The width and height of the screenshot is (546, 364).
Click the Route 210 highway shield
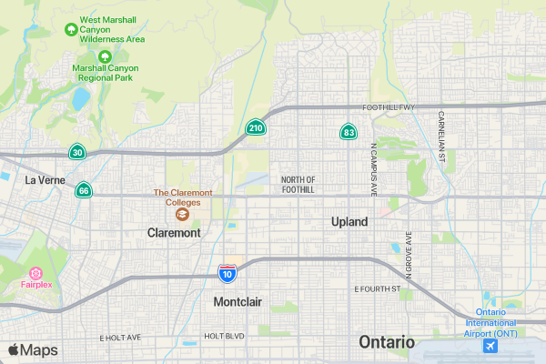[x=256, y=128]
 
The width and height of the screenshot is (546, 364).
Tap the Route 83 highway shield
[x=349, y=133]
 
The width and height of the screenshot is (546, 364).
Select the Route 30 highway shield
[x=79, y=152]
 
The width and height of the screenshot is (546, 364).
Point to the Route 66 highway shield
[x=84, y=190]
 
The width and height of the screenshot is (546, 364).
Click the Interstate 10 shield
[x=227, y=273]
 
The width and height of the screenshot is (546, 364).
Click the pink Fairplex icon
[x=36, y=273]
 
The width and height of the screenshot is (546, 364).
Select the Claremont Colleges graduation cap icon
[x=182, y=215]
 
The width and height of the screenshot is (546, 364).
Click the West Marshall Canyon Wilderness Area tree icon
[x=71, y=30]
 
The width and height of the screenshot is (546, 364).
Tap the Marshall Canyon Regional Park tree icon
[x=105, y=56]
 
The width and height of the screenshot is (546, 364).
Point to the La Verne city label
[x=44, y=180]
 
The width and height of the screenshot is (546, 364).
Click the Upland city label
[x=349, y=222]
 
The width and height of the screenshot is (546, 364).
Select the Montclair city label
[x=238, y=301]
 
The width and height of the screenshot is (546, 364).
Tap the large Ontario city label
[x=386, y=342]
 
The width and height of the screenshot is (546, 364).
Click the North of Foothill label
[x=298, y=185]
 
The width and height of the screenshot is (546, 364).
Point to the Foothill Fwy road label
[x=388, y=108]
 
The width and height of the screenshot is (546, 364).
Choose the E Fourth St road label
[x=377, y=288]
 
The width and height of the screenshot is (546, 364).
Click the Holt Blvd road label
[x=225, y=336]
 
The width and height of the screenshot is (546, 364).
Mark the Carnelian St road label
[x=440, y=136]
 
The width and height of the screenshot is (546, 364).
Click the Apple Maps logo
[x=33, y=350]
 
